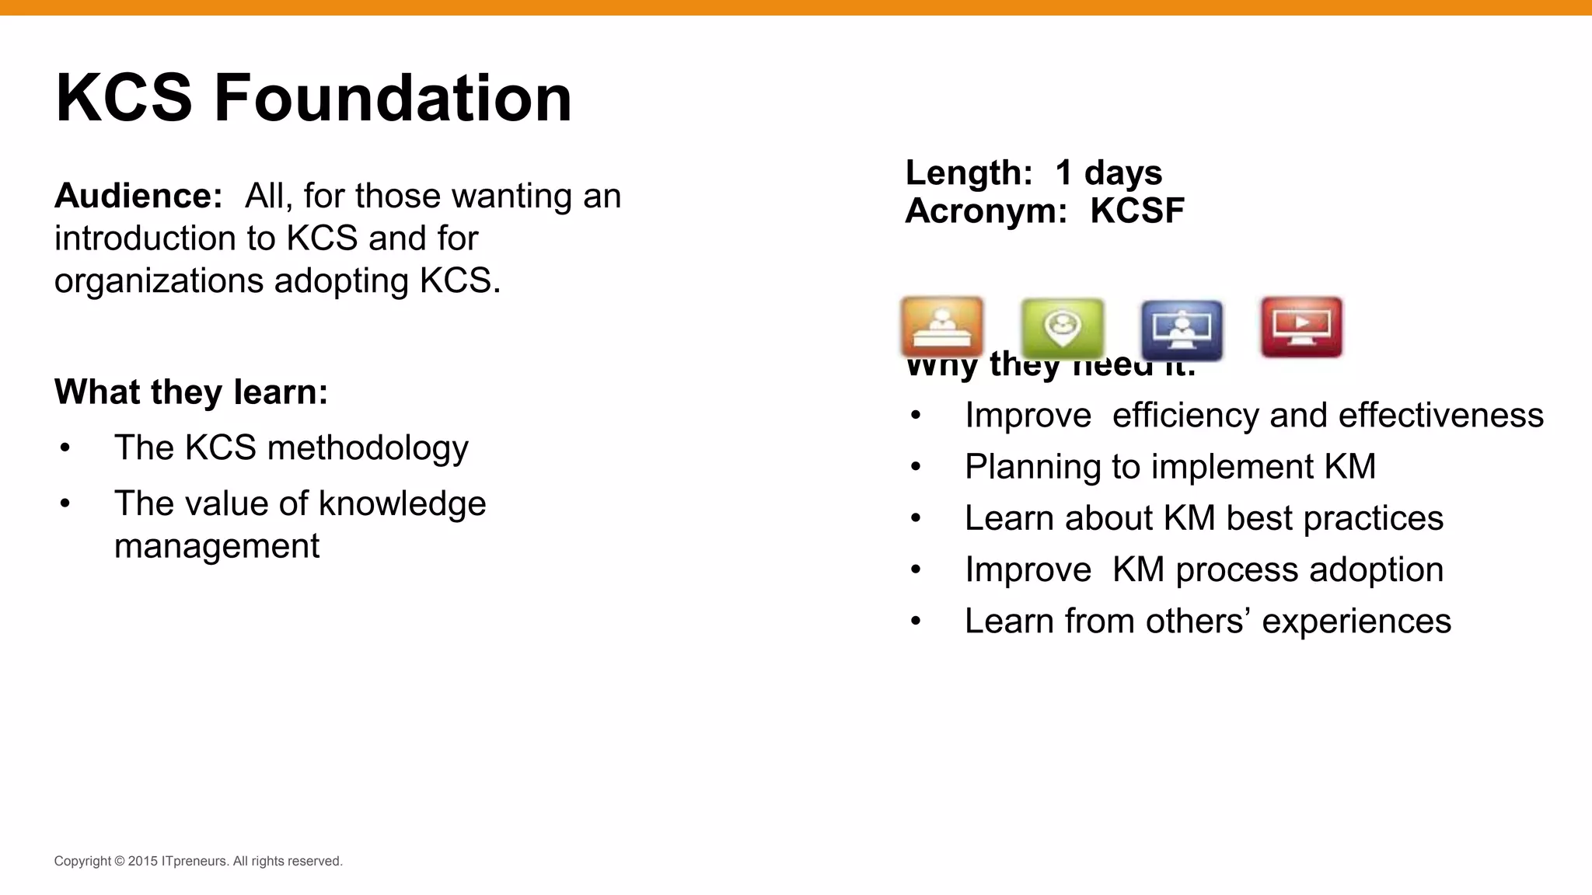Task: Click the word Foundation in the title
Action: click(393, 99)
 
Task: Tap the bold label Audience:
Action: click(138, 196)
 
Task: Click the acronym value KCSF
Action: click(1136, 211)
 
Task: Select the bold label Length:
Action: click(969, 172)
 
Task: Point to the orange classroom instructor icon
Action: click(942, 327)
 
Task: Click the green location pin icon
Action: click(1063, 327)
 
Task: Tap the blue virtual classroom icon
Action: click(1182, 329)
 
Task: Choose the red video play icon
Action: click(1301, 326)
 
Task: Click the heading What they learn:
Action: click(191, 392)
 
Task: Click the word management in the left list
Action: click(216, 546)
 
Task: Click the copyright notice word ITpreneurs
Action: click(195, 861)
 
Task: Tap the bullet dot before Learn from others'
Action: click(916, 622)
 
